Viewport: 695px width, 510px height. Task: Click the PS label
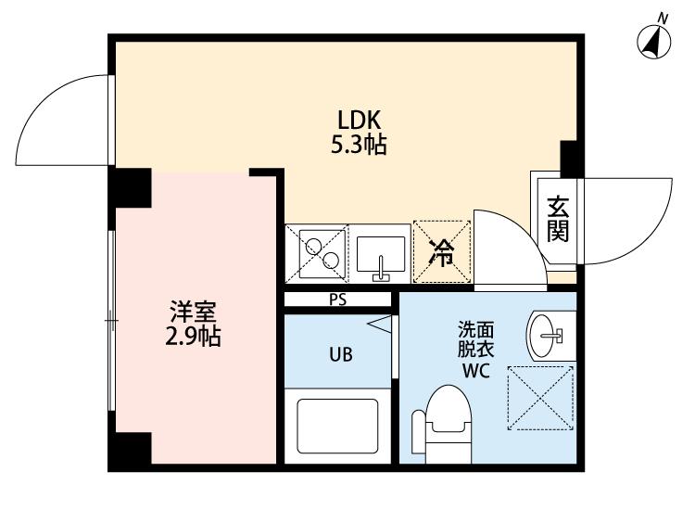click(337, 300)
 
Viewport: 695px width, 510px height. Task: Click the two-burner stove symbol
click(317, 252)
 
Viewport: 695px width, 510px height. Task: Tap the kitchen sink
click(380, 255)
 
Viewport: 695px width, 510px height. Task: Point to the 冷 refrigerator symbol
click(442, 251)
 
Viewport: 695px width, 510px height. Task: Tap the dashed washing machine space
click(542, 397)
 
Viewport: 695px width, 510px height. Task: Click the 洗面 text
click(476, 330)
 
